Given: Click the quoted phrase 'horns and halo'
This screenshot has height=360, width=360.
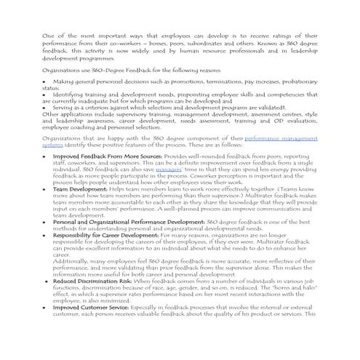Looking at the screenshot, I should (281, 287).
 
